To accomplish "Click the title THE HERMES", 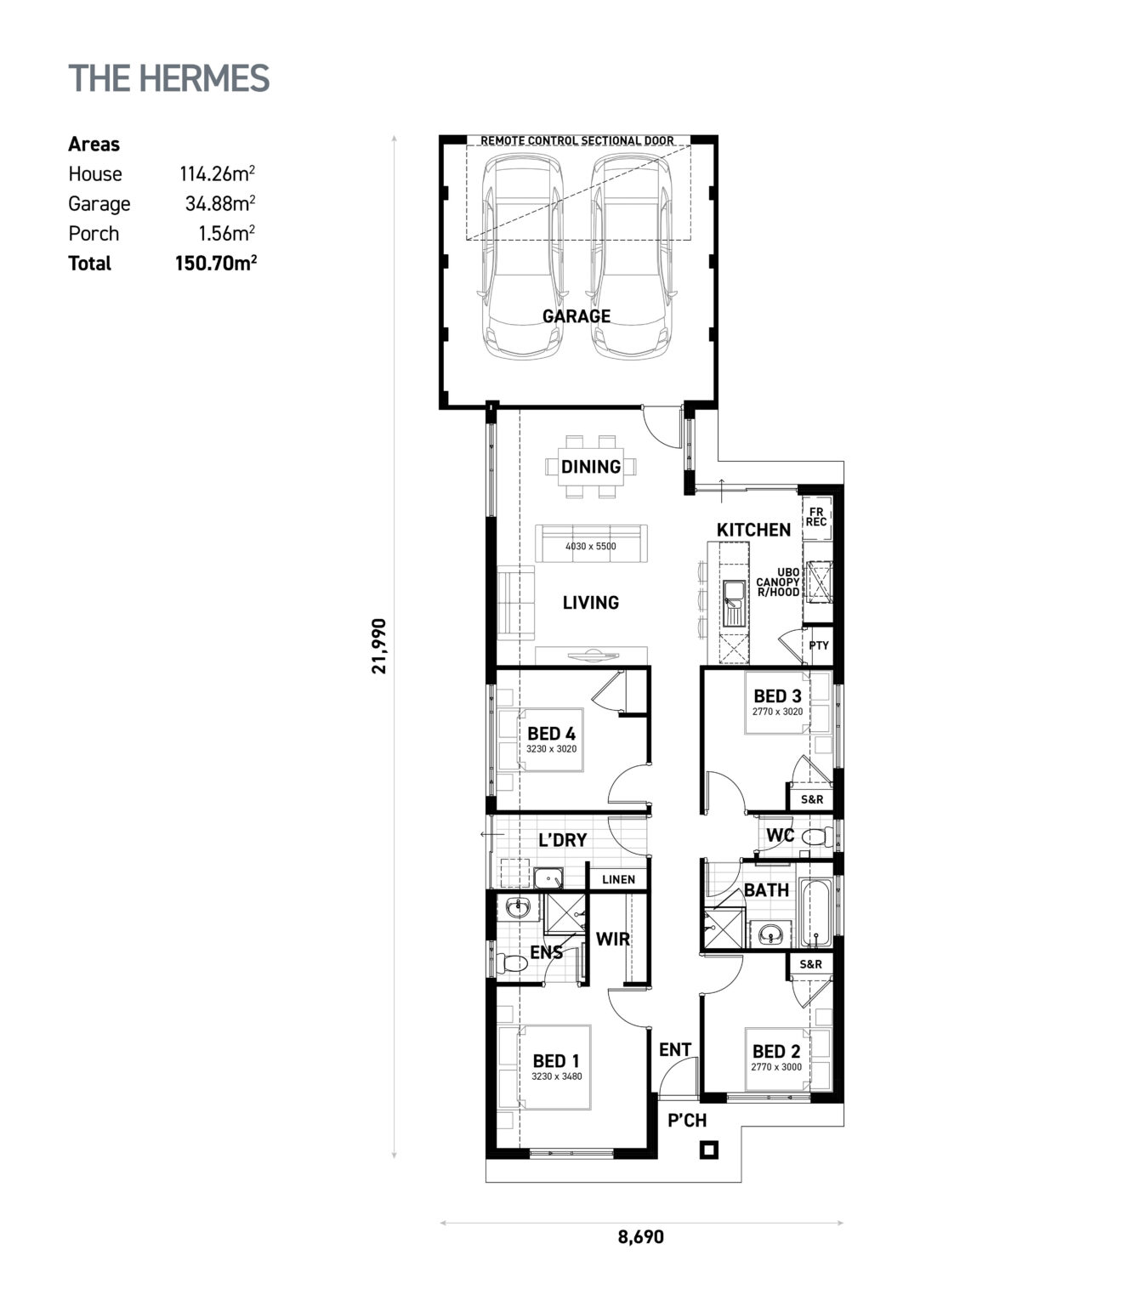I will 168,78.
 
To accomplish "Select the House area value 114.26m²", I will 217,174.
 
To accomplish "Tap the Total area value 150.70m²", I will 215,263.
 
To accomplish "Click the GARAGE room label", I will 577,316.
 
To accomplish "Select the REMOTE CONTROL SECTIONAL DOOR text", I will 577,141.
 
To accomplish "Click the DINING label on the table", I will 590,467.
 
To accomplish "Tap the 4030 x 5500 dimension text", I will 590,547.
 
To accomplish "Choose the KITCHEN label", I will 753,530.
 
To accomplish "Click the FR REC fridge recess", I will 816,517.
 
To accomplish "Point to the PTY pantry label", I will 818,646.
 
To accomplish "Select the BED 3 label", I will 777,696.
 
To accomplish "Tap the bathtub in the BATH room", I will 816,914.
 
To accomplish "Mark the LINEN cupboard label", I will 618,879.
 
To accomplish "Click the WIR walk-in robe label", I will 612,939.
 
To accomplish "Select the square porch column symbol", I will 708,1150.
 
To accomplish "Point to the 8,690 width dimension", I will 640,1237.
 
